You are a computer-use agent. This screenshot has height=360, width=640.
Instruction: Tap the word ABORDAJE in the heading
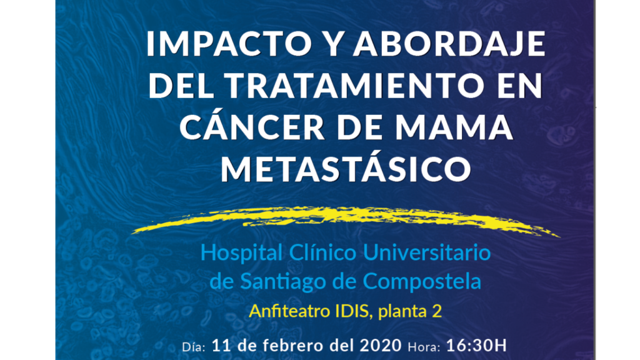(x=449, y=44)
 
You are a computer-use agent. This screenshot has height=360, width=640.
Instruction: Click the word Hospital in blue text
(x=242, y=253)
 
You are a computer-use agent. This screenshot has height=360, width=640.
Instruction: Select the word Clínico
(x=323, y=252)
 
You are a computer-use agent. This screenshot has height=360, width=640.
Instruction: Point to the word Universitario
(x=426, y=252)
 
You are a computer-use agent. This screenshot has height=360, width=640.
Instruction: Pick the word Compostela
(x=422, y=282)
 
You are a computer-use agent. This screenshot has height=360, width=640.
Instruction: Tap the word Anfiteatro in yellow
(x=290, y=311)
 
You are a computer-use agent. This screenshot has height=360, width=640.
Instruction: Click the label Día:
(x=194, y=347)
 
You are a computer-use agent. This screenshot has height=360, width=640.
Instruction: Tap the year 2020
(x=381, y=346)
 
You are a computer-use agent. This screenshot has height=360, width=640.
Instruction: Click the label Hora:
(x=424, y=347)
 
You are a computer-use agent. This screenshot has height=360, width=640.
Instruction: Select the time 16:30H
(x=476, y=346)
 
